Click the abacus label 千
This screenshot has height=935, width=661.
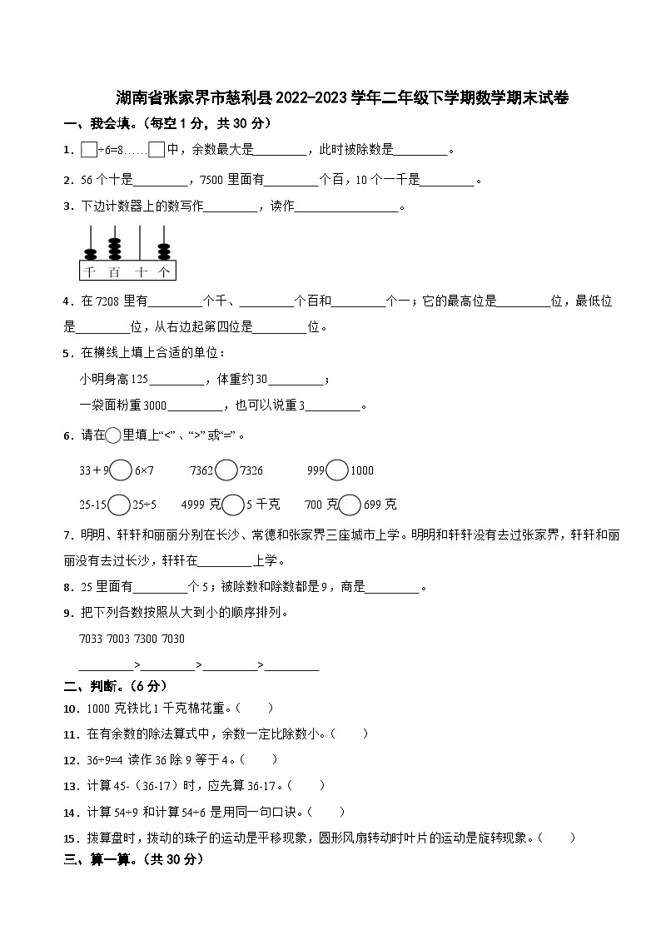(x=89, y=271)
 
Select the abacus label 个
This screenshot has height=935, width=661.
(x=164, y=271)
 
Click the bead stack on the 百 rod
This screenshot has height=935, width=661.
(x=114, y=249)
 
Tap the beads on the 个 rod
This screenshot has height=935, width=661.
(x=164, y=250)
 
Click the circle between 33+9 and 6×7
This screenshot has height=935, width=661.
(x=122, y=470)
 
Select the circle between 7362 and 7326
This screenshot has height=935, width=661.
(x=226, y=470)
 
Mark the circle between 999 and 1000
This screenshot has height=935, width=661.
(x=337, y=470)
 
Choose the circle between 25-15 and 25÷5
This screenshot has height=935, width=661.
(x=120, y=505)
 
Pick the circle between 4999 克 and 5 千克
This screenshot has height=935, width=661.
(x=233, y=505)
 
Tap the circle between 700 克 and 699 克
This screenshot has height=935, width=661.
(x=350, y=505)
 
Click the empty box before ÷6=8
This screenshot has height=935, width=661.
(x=89, y=150)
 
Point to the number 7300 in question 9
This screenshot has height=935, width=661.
(x=140, y=639)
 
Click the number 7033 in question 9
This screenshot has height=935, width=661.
(x=89, y=639)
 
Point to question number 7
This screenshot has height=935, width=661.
(x=67, y=534)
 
